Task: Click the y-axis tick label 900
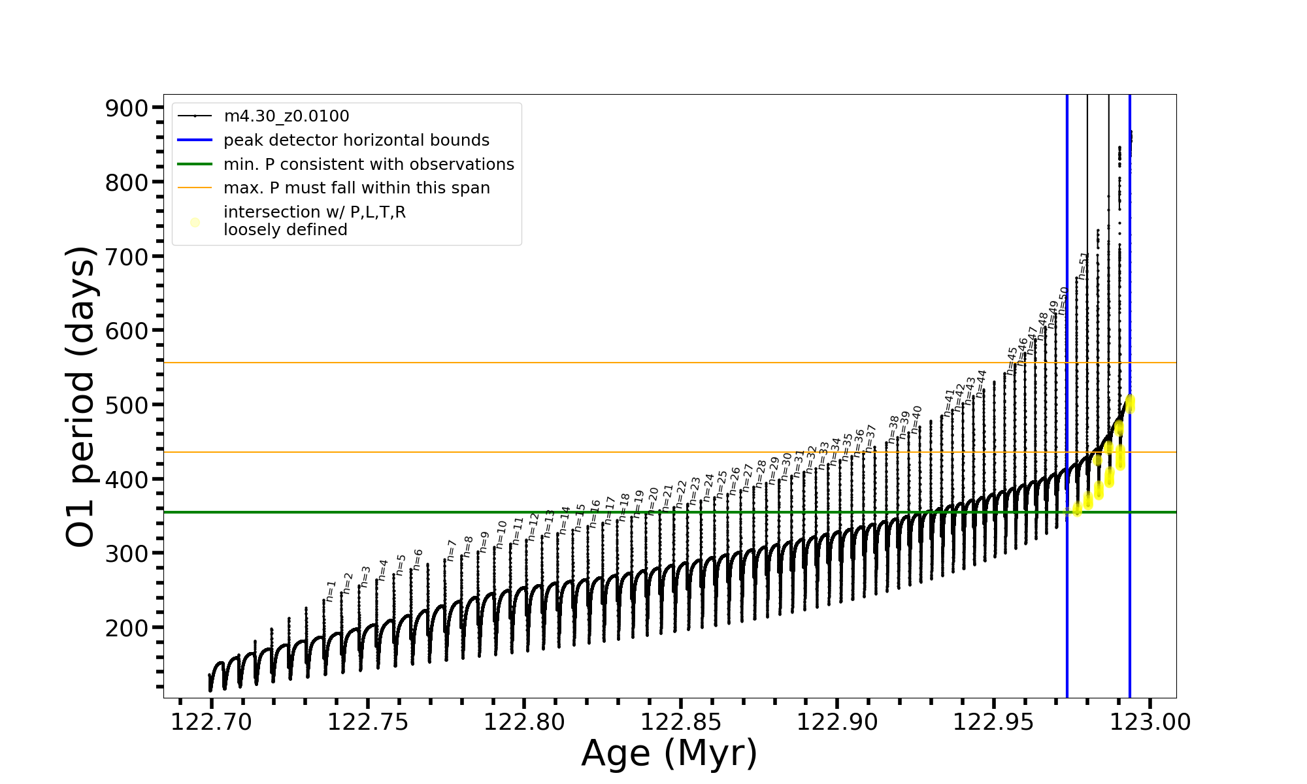(126, 108)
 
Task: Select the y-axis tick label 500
(126, 406)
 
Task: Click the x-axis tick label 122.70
(211, 722)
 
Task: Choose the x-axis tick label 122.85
(681, 722)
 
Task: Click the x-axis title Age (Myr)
(669, 753)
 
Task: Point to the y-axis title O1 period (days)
(81, 396)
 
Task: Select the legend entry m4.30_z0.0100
(286, 116)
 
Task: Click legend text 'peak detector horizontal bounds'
(356, 140)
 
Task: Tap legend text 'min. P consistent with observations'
(369, 165)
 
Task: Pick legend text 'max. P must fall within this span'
(356, 188)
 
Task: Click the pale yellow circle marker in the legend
(195, 223)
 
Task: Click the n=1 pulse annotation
(331, 591)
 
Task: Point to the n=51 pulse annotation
(1084, 266)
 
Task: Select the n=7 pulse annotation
(452, 550)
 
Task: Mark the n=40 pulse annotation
(917, 419)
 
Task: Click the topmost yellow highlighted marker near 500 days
(1129, 403)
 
